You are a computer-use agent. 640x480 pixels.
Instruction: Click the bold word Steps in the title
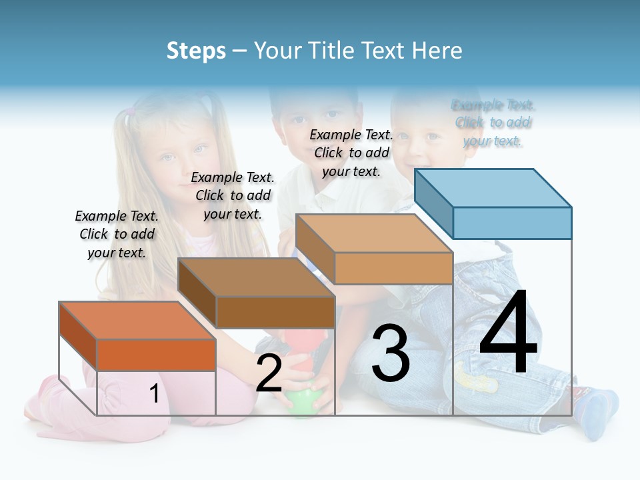coord(196,51)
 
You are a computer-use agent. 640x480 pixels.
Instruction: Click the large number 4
coord(508,333)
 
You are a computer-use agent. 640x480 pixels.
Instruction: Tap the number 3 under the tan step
coord(391,353)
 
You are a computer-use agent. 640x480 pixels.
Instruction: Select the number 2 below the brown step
coord(269,373)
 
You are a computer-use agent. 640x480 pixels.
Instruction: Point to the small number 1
coord(154,393)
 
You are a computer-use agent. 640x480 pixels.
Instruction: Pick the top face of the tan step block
coord(374,233)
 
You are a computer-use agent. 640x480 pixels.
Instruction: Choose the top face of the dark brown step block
coord(256,277)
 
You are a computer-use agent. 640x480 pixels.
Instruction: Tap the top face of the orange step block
coord(137,321)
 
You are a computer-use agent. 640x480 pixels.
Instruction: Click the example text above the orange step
coord(117,234)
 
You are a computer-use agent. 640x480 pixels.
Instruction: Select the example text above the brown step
coord(233,195)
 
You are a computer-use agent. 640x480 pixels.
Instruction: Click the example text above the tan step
coord(351,153)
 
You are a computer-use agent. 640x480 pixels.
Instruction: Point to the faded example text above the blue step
coord(493,123)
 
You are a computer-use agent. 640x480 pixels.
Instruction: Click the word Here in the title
coord(437,51)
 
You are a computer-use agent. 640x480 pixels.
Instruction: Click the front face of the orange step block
coord(156,355)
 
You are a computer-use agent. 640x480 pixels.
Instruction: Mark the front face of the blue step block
coord(512,223)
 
